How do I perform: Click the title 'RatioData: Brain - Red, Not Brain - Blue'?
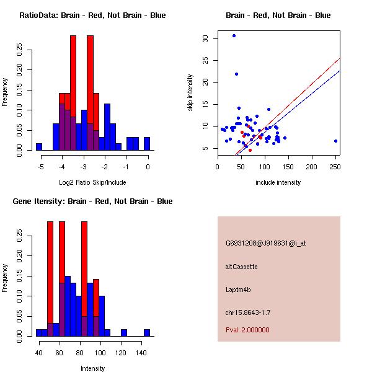[92, 15]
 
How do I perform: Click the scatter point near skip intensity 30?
[234, 35]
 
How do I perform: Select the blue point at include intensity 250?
[335, 141]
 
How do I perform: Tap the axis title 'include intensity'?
[278, 182]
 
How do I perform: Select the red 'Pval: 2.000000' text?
[247, 330]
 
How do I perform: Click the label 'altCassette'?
[241, 266]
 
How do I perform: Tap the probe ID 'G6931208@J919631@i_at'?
[265, 243]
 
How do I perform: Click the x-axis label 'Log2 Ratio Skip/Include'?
[92, 182]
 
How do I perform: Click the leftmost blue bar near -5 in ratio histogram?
[39, 146]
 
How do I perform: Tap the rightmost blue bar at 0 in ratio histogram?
[147, 143]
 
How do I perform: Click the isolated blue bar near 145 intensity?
[147, 333]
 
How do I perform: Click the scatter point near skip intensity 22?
[236, 74]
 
